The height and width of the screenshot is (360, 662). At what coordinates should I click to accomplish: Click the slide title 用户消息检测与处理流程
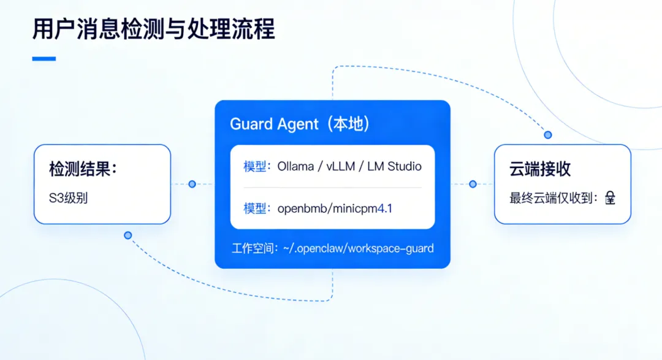click(x=154, y=29)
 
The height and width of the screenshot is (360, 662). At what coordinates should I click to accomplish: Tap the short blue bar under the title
click(x=44, y=59)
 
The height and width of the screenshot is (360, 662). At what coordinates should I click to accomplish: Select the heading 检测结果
click(x=83, y=169)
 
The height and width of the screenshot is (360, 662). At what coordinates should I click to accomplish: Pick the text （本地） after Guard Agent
click(x=346, y=124)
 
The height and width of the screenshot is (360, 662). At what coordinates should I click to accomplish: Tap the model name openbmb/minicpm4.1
click(x=335, y=209)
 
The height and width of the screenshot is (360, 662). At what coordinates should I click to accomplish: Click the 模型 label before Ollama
click(x=254, y=166)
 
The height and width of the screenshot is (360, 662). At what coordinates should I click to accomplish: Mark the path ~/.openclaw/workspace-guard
click(x=358, y=248)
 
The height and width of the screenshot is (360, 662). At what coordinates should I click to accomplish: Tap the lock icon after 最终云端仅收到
click(x=610, y=198)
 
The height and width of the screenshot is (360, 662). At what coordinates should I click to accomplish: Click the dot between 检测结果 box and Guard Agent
click(x=192, y=184)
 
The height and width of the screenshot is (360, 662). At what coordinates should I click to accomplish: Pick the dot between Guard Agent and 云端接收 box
click(x=473, y=184)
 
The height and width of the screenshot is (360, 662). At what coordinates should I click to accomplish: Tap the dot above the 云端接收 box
click(x=548, y=134)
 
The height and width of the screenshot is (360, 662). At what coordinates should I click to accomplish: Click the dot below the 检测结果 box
click(x=127, y=235)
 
